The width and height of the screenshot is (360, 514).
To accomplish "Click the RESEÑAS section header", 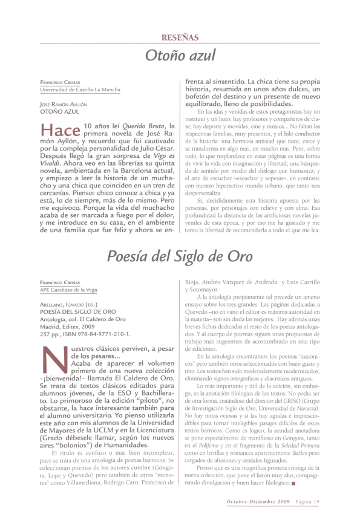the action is tap(180, 37).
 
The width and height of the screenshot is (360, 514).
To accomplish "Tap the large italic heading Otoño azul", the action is tap(180, 56).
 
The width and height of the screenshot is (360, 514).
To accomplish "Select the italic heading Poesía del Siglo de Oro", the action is tap(180, 256).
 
